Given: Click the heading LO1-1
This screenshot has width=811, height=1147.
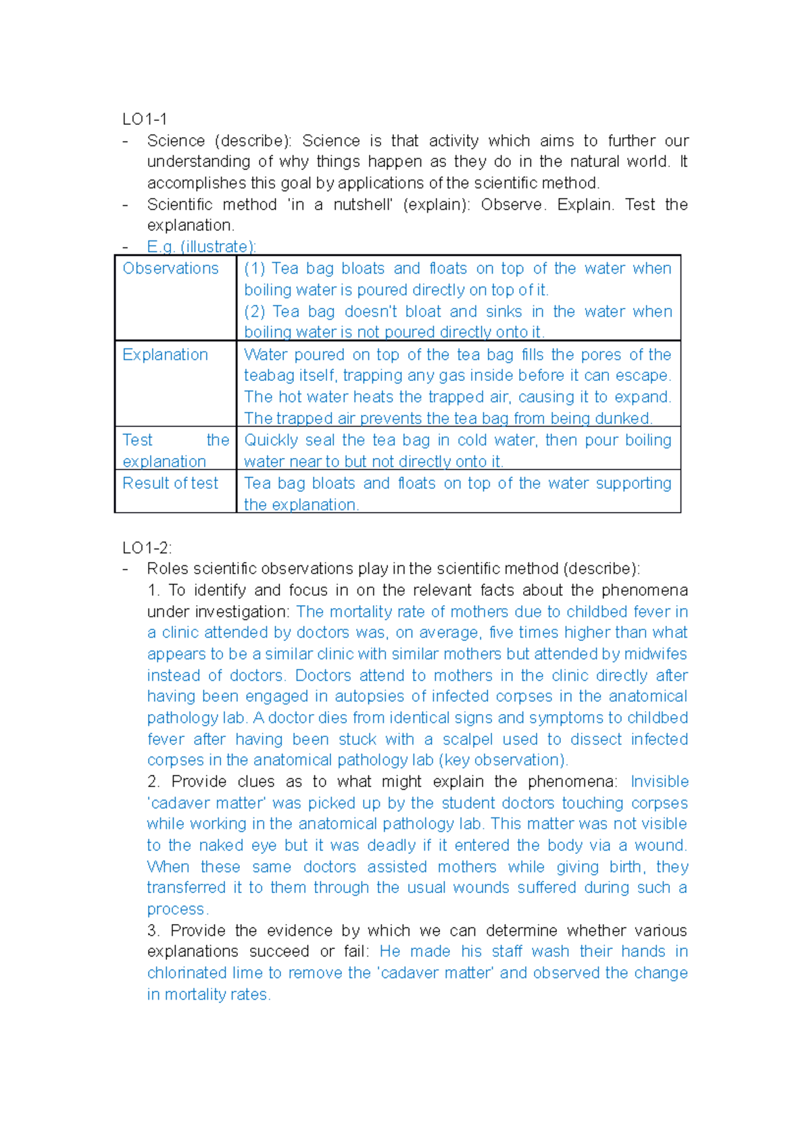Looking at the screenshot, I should (144, 120).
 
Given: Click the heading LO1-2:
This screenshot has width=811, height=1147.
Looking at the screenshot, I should (147, 547).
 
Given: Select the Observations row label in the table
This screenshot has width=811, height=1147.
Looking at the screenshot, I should (170, 268).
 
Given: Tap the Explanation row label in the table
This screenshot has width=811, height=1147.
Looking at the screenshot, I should (165, 355).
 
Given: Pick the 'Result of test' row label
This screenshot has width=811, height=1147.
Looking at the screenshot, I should (170, 483).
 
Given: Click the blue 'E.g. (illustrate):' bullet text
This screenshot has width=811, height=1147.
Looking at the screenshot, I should (201, 247).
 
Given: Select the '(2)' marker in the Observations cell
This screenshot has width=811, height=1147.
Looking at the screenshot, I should (254, 311).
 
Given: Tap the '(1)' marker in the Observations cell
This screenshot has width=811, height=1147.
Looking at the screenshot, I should (254, 268).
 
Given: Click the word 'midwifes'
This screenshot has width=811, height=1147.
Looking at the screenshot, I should (655, 654).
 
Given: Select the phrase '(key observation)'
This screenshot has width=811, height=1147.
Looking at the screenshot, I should (503, 760).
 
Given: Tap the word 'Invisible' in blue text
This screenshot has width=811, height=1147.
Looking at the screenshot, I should (659, 782).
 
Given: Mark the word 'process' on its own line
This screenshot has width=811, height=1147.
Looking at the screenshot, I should (176, 909).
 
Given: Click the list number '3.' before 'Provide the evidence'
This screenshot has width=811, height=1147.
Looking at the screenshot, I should (153, 930).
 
